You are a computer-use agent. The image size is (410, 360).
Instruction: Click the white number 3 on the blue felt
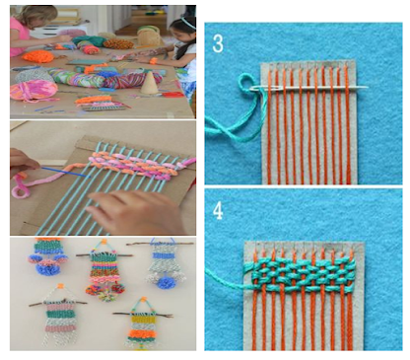point(218,43)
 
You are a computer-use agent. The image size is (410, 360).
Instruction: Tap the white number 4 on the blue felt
point(218,210)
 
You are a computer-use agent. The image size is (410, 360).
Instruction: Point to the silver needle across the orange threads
point(308,88)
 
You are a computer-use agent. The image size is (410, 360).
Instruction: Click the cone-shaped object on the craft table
point(148,83)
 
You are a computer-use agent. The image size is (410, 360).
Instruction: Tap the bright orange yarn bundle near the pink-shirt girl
point(38,56)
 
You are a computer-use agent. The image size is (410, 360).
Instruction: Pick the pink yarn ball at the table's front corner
point(34,91)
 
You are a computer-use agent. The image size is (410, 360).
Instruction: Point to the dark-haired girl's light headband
point(183,23)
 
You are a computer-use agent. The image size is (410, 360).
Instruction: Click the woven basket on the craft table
point(148,36)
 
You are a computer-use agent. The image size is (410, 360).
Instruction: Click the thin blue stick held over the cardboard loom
point(66,172)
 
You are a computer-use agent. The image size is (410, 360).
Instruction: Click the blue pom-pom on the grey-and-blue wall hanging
point(167,282)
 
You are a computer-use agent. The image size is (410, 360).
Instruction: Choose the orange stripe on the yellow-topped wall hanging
point(143,333)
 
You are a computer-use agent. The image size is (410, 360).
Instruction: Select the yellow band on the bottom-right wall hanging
point(143,318)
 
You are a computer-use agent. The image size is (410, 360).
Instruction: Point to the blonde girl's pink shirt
point(19,37)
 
